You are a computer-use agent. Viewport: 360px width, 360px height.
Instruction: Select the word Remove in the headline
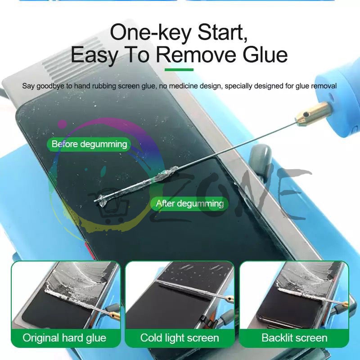coord(195,55)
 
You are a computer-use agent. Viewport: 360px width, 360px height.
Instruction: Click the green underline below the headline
coord(179,70)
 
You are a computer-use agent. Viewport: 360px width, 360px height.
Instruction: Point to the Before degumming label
coord(89,144)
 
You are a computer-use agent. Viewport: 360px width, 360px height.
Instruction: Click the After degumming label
coord(189,203)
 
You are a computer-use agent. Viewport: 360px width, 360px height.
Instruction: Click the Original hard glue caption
coord(64,338)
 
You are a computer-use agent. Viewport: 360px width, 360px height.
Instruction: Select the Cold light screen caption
coord(180,338)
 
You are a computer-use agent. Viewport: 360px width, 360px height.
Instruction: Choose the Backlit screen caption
coord(294,338)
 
